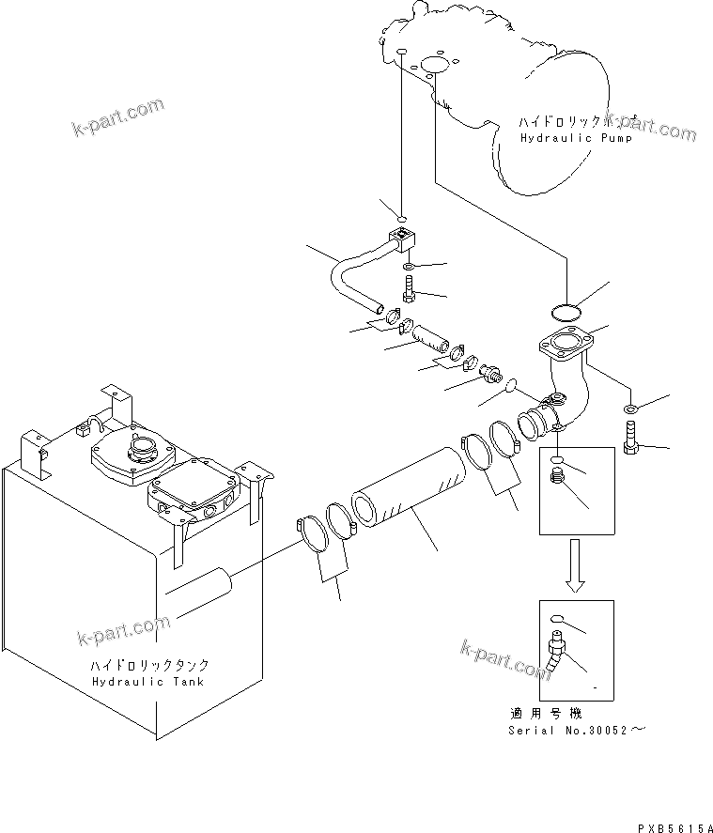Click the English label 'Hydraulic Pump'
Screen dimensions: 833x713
point(576,137)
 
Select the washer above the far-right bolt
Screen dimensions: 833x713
point(629,407)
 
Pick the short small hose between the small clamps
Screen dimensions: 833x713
point(430,337)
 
